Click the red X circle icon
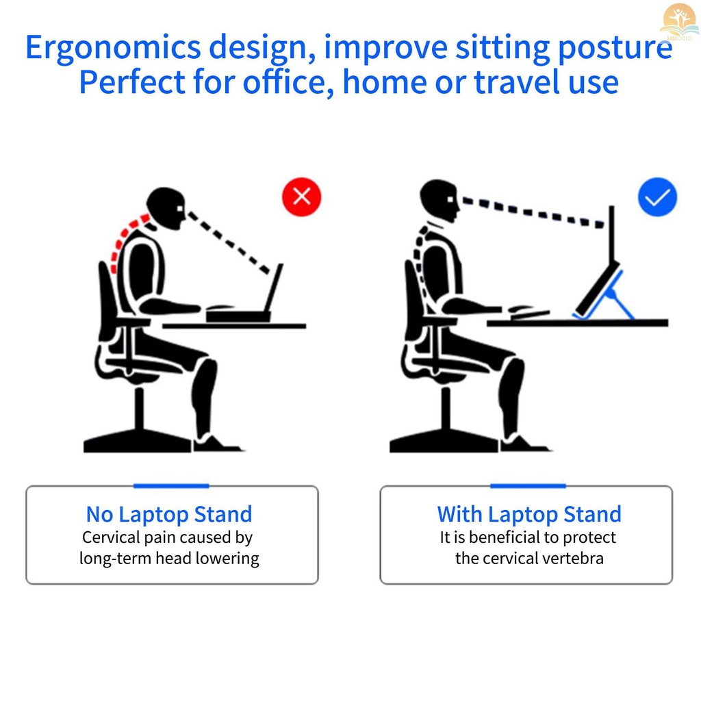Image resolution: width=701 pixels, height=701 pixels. [x=301, y=196]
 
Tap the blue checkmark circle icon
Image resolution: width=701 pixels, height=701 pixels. [x=657, y=196]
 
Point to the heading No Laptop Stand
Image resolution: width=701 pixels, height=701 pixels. [x=169, y=514]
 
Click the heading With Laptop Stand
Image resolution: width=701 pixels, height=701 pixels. [x=529, y=514]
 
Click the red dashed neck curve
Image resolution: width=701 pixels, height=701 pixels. [x=123, y=237]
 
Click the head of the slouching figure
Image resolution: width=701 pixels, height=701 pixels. [x=166, y=208]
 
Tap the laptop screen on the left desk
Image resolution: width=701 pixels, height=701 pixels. [x=273, y=288]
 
